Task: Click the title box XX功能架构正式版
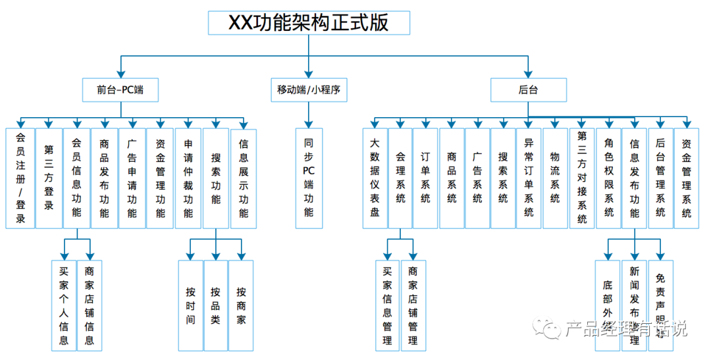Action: coord(309,23)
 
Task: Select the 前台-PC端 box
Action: coord(120,90)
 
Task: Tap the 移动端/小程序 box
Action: coord(309,90)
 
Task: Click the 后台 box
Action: coord(528,90)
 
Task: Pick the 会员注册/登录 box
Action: coord(20,178)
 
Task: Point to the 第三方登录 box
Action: coord(49,178)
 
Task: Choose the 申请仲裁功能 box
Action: coord(188,178)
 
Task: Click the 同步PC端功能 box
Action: coord(309,178)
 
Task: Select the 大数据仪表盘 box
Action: coord(375,178)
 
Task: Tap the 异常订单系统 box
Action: coord(529,178)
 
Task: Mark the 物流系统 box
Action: coord(555,178)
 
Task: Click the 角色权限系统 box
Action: coord(609,178)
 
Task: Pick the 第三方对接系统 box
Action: coord(582,178)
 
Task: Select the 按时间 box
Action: coord(190,305)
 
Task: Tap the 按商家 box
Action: coord(241,305)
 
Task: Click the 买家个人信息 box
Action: coord(64,305)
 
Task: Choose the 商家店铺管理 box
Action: coord(413,305)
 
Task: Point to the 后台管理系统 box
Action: coord(660,178)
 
